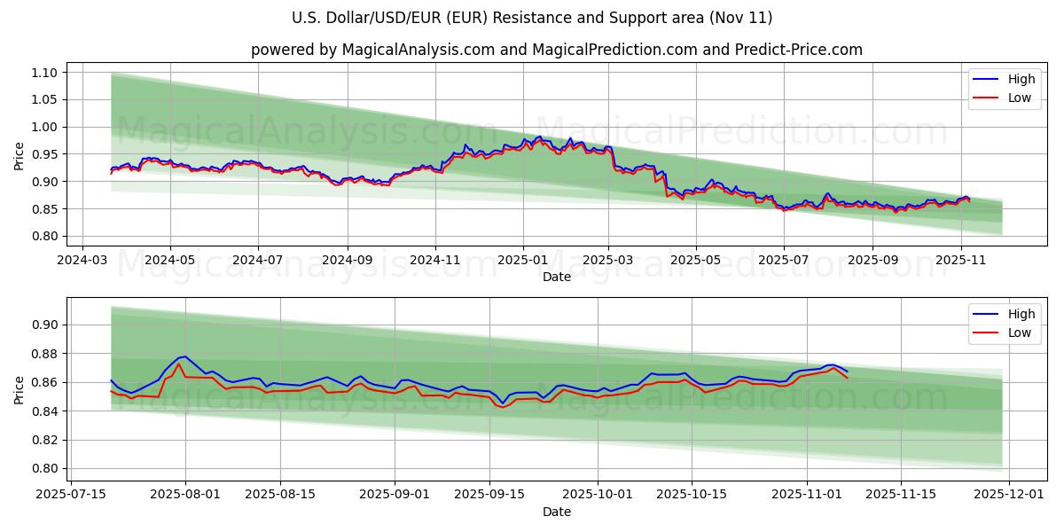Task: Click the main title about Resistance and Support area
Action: coord(532,18)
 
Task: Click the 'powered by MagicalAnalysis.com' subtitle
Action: coord(556,50)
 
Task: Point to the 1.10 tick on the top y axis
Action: coord(44,73)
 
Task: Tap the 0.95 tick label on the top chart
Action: coord(44,154)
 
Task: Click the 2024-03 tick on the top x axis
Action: coord(82,262)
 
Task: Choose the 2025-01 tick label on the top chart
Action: coord(522,262)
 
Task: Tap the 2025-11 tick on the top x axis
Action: coord(961,262)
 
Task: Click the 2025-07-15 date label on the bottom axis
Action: coord(71,494)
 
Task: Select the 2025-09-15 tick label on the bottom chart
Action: coord(489,494)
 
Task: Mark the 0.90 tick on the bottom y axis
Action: coord(44,325)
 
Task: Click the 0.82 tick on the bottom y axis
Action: coord(44,440)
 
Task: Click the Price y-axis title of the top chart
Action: coord(20,155)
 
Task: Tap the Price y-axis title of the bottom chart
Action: coord(20,389)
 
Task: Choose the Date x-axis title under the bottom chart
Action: coord(556,512)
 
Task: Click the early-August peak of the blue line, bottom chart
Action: coord(184,356)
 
